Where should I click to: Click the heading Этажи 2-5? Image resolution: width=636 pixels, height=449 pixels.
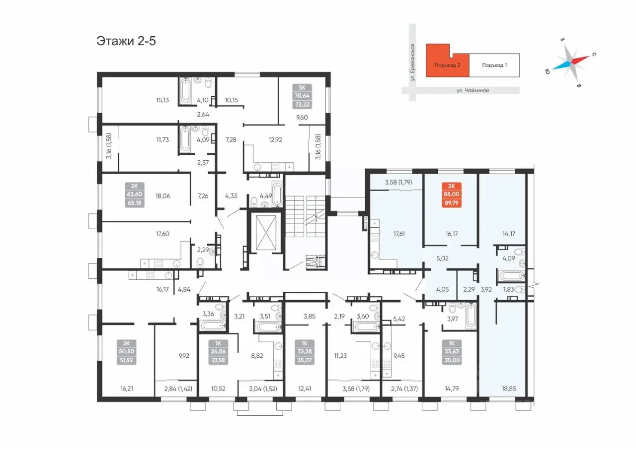(126, 41)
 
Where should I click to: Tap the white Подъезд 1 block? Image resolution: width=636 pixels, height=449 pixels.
(494, 65)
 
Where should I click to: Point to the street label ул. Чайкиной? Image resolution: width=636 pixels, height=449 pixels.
(473, 90)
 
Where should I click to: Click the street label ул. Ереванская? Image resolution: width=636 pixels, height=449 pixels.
(412, 62)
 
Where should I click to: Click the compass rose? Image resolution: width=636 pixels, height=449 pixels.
(571, 63)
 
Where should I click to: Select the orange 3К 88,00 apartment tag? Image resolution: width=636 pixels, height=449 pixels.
(452, 195)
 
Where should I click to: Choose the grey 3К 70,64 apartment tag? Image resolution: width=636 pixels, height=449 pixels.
(302, 96)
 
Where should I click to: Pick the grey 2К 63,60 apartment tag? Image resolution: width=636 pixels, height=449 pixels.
(135, 195)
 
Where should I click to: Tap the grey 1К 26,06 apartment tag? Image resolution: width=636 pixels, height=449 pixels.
(218, 352)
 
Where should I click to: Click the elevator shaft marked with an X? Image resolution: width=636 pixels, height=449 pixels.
(266, 232)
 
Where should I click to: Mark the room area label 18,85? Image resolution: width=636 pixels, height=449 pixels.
(508, 388)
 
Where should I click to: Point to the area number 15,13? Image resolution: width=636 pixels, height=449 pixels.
(162, 100)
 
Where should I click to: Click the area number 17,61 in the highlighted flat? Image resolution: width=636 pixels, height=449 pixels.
(399, 234)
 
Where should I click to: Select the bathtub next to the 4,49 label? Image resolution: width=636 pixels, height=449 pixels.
(277, 194)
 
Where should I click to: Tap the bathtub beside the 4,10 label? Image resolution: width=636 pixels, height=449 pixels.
(185, 91)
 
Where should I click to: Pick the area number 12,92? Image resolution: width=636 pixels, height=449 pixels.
(275, 140)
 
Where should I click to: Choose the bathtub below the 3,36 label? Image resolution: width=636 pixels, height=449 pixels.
(213, 325)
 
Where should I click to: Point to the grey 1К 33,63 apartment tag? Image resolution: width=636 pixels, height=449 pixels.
(452, 352)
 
